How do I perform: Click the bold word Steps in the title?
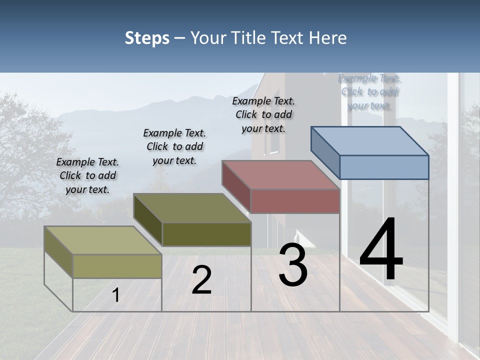pyautogui.click(x=147, y=38)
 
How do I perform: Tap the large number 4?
pyautogui.click(x=381, y=250)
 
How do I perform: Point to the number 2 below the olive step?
pyautogui.click(x=201, y=280)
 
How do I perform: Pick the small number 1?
pyautogui.click(x=116, y=295)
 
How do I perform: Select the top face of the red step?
pyautogui.click(x=281, y=175)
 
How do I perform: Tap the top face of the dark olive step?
pyautogui.click(x=192, y=208)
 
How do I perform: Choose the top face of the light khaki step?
pyautogui.click(x=103, y=240)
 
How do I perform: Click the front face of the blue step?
pyautogui.click(x=384, y=167)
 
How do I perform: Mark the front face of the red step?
pyautogui.click(x=295, y=201)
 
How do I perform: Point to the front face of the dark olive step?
pyautogui.click(x=206, y=234)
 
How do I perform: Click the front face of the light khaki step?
pyautogui.click(x=117, y=266)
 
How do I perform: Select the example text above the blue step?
pyautogui.click(x=369, y=91)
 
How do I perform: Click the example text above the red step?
pyautogui.click(x=263, y=114)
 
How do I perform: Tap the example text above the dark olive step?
pyautogui.click(x=174, y=146)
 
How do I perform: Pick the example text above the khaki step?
pyautogui.click(x=87, y=175)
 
